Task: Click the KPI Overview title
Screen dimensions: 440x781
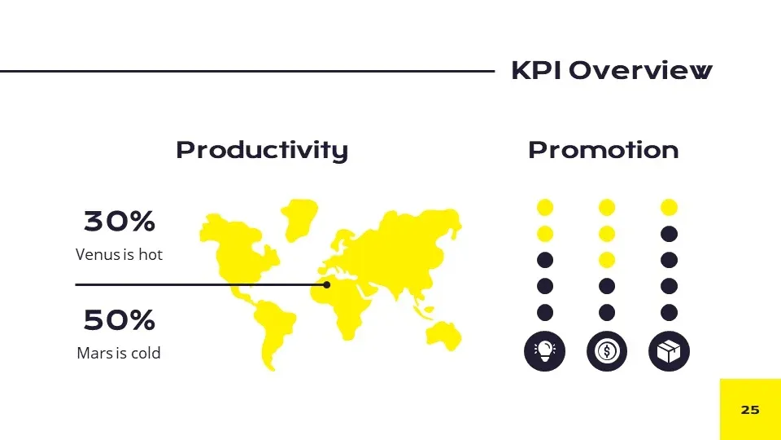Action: click(x=611, y=71)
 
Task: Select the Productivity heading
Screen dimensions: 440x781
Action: click(x=262, y=150)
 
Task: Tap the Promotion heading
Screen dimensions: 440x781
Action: click(x=603, y=150)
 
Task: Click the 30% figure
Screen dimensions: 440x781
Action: click(x=120, y=221)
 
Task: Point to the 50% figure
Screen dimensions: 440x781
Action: click(x=120, y=320)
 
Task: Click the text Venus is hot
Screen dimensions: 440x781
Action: click(x=119, y=254)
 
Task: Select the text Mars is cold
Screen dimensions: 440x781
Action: click(x=119, y=353)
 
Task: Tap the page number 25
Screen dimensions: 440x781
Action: click(x=750, y=409)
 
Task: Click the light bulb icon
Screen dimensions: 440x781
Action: click(x=545, y=351)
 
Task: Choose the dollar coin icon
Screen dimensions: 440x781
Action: click(x=607, y=351)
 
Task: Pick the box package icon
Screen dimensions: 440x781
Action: click(x=669, y=351)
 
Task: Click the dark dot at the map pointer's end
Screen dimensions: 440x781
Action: click(x=326, y=284)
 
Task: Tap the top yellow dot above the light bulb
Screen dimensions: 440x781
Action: click(x=545, y=208)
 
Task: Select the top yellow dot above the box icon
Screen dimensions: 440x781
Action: click(x=669, y=208)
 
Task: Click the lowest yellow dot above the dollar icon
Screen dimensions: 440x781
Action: click(x=607, y=260)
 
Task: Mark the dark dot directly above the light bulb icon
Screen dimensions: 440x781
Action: click(x=545, y=312)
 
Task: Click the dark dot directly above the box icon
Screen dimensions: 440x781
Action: click(x=669, y=312)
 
